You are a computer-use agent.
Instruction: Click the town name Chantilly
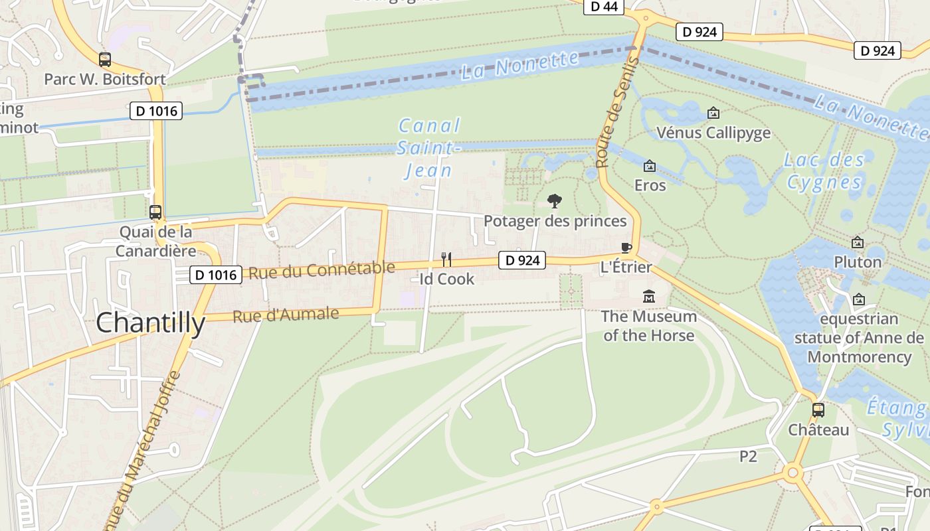tap(151, 323)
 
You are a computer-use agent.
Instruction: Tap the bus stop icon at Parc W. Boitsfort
tap(105, 60)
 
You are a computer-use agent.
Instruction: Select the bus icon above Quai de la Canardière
tap(155, 212)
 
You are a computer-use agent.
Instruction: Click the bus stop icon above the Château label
tap(818, 410)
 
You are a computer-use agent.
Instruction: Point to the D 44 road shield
tap(603, 7)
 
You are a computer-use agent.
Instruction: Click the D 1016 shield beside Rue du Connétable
tap(215, 275)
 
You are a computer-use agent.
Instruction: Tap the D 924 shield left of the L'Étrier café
tap(522, 260)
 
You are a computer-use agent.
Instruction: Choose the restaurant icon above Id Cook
tap(446, 259)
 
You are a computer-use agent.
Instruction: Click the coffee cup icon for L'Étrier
tap(625, 248)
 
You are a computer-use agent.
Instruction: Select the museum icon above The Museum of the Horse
tap(648, 296)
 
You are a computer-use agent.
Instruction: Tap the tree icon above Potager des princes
tap(554, 201)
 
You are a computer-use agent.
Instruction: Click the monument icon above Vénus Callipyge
tap(713, 113)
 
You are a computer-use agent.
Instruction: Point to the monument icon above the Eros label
tap(650, 165)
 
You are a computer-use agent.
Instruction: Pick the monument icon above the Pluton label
tap(858, 242)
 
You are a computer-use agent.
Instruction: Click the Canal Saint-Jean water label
tap(429, 148)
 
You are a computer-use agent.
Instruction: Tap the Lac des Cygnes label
tap(824, 171)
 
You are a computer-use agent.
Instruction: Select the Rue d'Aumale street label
tap(286, 315)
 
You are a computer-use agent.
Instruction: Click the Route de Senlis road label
tap(616, 112)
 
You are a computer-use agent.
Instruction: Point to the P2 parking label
tap(749, 456)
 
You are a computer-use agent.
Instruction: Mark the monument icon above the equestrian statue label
tap(859, 299)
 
